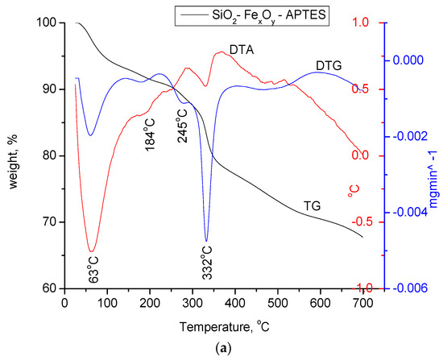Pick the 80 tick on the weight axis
pyautogui.click(x=50, y=155)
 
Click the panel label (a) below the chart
pyautogui.click(x=222, y=350)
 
